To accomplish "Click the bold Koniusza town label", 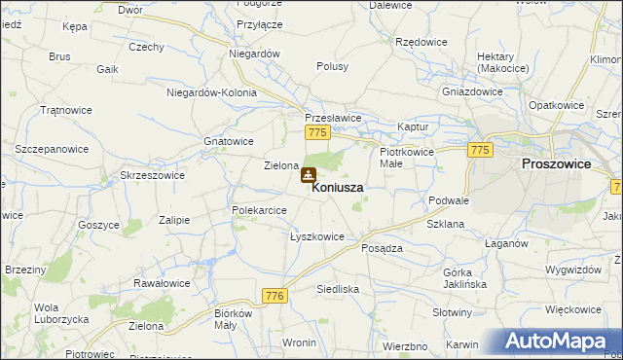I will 338,188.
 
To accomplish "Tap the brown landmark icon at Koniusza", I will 308,176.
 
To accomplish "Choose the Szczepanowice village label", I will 52,149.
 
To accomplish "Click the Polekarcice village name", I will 259,210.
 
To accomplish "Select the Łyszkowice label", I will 317,236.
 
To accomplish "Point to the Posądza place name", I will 382,248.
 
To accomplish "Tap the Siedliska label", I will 339,289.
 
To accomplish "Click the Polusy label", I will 332,66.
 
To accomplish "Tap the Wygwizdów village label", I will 573,268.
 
